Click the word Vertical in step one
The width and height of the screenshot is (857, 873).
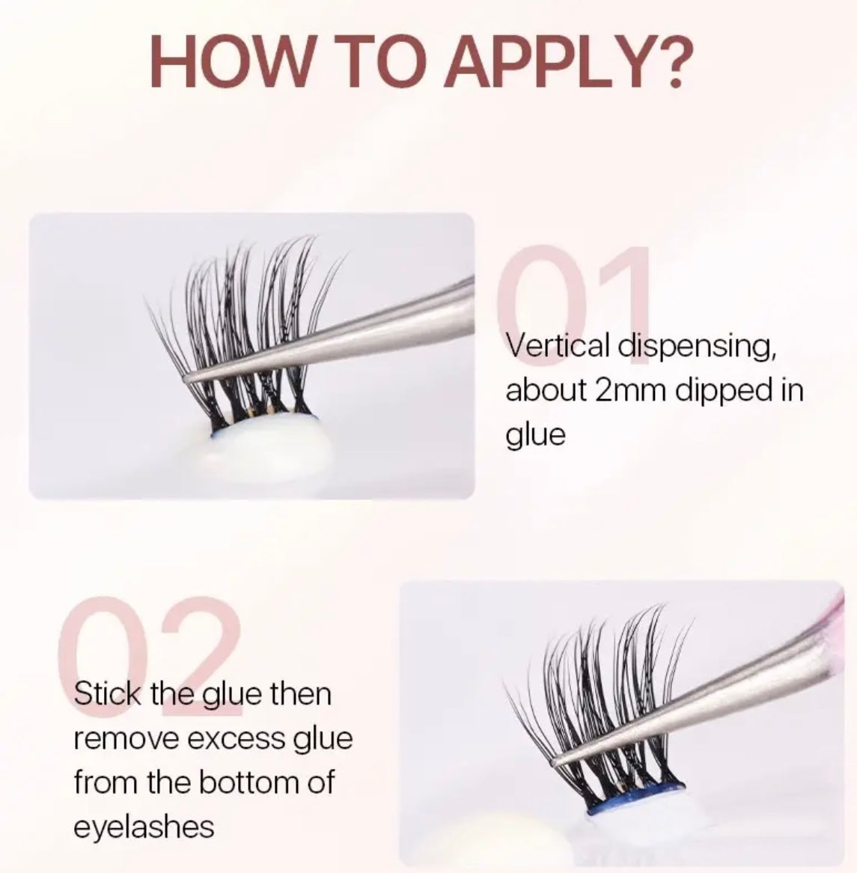pos(558,346)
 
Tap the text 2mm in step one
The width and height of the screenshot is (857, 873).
pos(630,391)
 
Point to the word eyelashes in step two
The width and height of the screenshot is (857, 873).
pos(144,827)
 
